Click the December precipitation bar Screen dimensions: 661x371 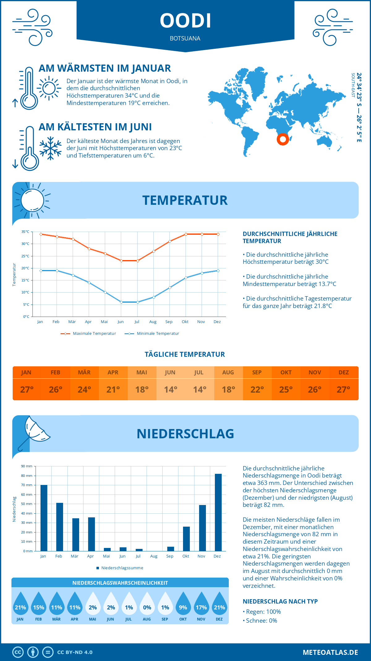(x=218, y=512)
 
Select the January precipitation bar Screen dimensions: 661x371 (x=44, y=518)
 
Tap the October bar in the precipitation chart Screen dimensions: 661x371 (x=186, y=539)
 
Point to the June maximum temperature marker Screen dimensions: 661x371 (x=121, y=261)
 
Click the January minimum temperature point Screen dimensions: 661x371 (x=41, y=271)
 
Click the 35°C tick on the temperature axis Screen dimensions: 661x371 (x=25, y=232)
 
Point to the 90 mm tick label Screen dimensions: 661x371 (x=27, y=466)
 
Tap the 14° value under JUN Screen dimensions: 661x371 (x=170, y=389)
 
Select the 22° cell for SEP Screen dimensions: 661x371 (x=257, y=389)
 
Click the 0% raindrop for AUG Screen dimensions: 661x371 (x=147, y=604)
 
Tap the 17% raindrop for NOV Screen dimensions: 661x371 (x=201, y=604)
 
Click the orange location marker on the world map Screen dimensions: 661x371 (x=283, y=139)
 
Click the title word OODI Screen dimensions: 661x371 (x=185, y=21)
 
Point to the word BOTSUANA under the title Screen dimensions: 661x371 (x=185, y=38)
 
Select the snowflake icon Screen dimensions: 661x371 (x=50, y=148)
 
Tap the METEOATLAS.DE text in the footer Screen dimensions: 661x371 (x=330, y=652)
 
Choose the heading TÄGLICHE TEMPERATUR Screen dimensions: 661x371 (x=185, y=354)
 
